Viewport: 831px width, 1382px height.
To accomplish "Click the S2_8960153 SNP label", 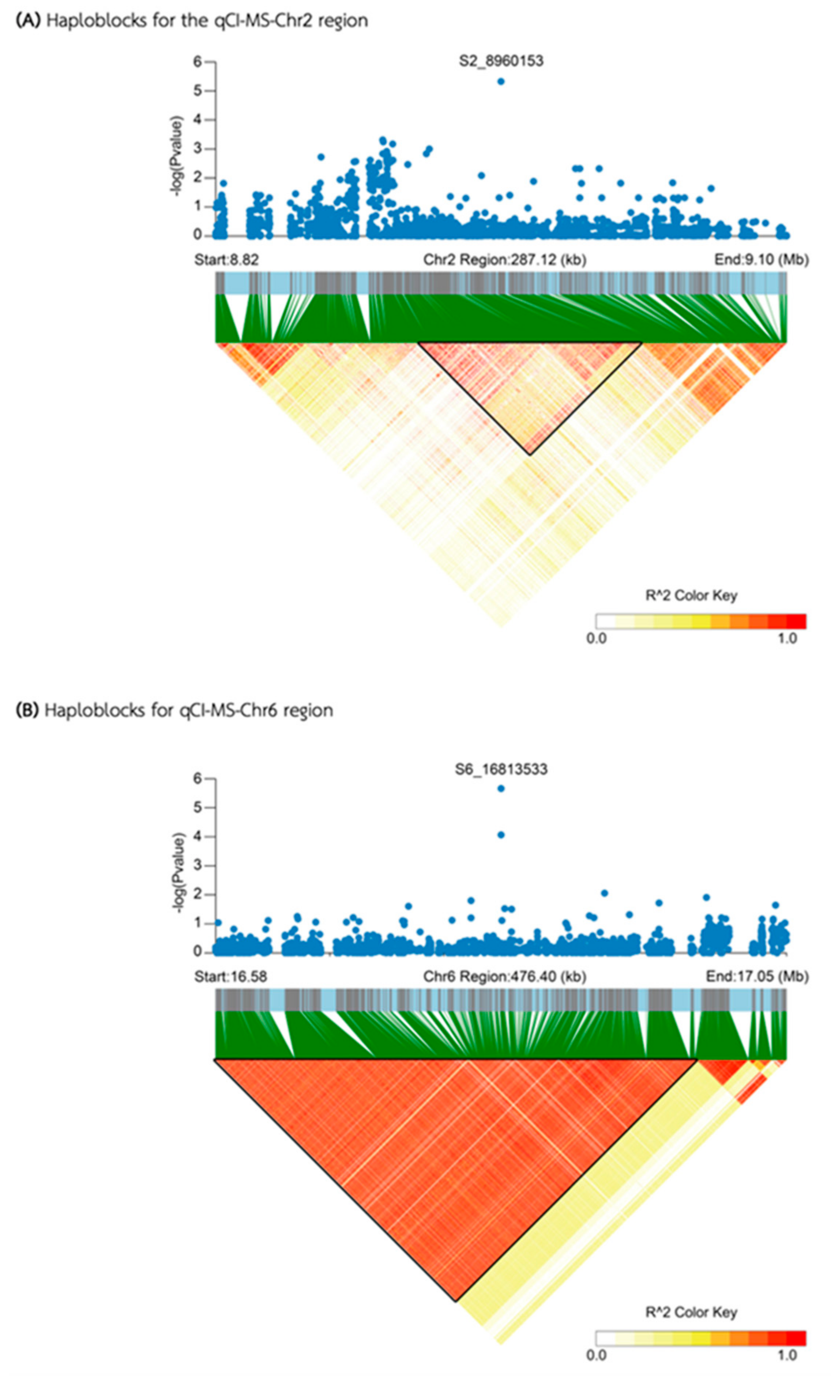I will [501, 60].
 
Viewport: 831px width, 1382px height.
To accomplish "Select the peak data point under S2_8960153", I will [501, 81].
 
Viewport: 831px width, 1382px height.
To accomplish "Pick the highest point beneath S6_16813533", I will [501, 788].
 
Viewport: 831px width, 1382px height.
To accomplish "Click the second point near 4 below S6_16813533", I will [501, 835].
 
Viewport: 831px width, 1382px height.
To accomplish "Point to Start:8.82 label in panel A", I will [226, 260].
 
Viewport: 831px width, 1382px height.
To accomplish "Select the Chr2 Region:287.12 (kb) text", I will [504, 260].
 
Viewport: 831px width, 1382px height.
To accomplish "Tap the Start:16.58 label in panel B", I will [230, 976].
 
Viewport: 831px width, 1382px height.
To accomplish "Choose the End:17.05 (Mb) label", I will [756, 976].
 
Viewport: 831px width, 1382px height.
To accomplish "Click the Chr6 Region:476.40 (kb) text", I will [504, 976].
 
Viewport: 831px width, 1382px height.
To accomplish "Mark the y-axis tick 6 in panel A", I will [197, 61].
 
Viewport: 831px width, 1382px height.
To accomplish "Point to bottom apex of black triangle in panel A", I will [529, 454].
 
